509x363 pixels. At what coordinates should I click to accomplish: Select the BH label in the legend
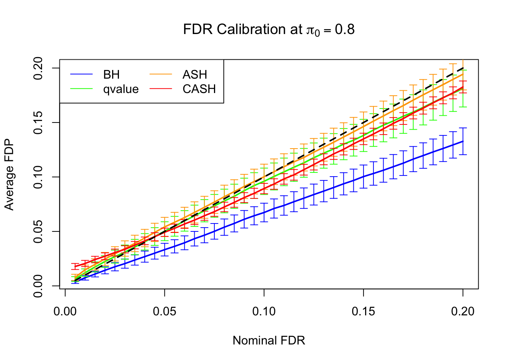coord(111,74)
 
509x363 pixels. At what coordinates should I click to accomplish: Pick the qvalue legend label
coord(121,89)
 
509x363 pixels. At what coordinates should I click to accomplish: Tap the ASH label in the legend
coord(195,74)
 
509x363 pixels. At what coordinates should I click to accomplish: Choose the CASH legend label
coord(199,89)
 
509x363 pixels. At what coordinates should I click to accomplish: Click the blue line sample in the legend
coord(81,74)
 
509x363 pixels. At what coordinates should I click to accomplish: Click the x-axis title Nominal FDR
coord(269,340)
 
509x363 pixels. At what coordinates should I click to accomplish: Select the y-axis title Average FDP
coord(9,174)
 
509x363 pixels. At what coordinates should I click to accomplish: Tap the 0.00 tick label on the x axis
coord(65,312)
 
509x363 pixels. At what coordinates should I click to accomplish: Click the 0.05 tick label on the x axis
coord(164,312)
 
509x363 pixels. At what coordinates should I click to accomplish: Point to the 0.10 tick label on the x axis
coord(264,312)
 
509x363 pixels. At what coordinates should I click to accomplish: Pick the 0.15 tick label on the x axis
coord(363,312)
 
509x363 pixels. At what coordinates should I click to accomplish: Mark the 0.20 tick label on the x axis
coord(463,312)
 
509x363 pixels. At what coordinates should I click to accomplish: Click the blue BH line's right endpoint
coord(463,141)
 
